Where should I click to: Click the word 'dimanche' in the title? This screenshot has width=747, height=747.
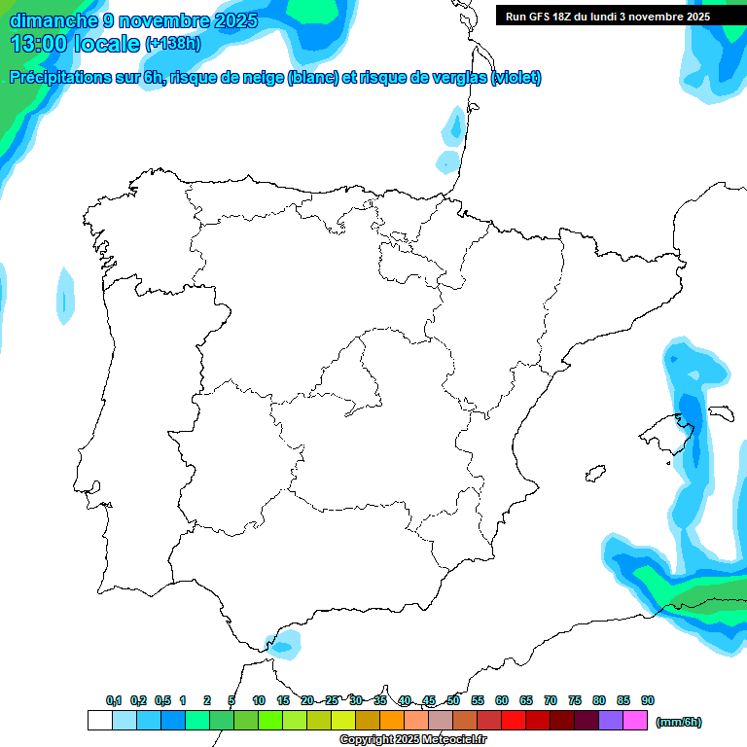click(51, 20)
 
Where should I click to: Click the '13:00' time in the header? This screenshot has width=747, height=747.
click(38, 44)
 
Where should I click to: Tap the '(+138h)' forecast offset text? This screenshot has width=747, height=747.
click(172, 44)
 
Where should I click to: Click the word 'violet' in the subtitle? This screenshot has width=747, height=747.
click(515, 78)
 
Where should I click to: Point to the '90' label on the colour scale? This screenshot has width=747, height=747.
click(648, 701)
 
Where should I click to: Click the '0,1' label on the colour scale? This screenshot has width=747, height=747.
click(114, 701)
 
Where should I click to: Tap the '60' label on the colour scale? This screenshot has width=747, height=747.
click(502, 701)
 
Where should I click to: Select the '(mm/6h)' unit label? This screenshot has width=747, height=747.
click(679, 722)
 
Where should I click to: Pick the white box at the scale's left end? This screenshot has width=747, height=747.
click(100, 721)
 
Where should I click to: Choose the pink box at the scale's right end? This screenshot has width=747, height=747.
click(635, 721)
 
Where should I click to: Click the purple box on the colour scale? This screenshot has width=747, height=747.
click(611, 721)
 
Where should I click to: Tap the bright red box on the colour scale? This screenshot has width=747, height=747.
click(514, 721)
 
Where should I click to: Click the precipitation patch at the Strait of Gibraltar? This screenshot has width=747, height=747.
click(284, 642)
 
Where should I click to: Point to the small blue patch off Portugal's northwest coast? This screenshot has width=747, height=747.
click(65, 296)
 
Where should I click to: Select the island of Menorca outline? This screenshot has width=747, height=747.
click(721, 412)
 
